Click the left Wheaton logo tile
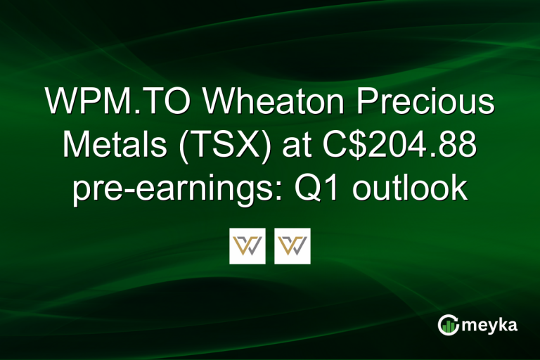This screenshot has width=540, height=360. tap(247, 246)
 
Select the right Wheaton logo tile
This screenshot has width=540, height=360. tap(292, 246)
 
